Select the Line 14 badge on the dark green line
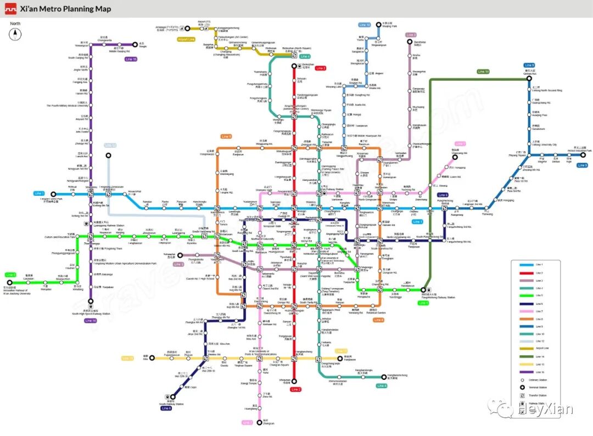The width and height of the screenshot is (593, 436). [x=483, y=71]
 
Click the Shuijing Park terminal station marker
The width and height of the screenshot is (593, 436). [x=378, y=25]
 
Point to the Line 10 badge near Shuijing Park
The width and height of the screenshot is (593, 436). [x=365, y=25]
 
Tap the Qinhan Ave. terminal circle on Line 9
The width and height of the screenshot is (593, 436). [x=529, y=79]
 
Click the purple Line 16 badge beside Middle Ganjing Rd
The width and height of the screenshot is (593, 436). [x=131, y=59]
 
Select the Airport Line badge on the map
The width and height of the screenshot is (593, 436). [x=186, y=39]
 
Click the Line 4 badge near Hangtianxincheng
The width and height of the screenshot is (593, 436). [x=382, y=386]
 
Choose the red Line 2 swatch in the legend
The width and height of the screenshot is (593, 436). [x=524, y=273]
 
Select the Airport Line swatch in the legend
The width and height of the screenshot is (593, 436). [x=524, y=348]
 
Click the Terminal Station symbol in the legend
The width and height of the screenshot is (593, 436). [x=522, y=387]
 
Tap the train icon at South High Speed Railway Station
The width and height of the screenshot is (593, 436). [x=91, y=309]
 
